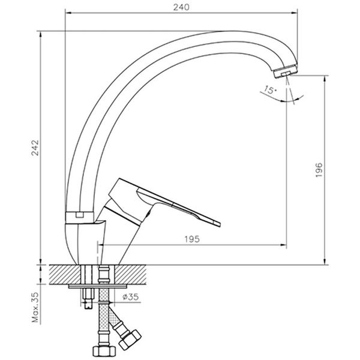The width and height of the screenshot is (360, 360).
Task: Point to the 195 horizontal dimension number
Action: [193, 239]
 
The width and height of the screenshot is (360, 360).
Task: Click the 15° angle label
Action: [269, 91]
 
